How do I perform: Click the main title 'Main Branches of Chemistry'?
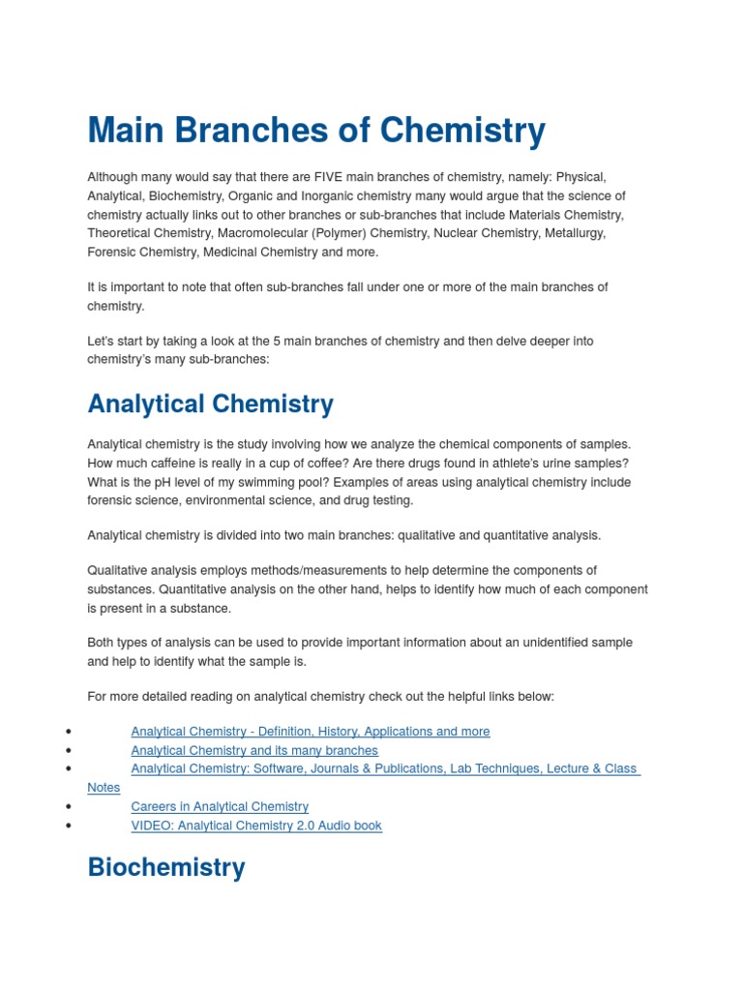tap(316, 131)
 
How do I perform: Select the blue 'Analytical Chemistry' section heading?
tap(210, 404)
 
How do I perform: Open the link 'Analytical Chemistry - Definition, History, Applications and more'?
tap(310, 732)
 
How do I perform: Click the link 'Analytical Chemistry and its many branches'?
tap(254, 750)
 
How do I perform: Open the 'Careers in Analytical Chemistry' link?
tap(220, 806)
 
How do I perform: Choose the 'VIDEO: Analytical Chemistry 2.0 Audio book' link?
tap(256, 826)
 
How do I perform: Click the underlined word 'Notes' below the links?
tap(104, 788)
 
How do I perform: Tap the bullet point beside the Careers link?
tap(68, 806)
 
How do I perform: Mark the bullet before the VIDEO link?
tap(68, 826)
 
